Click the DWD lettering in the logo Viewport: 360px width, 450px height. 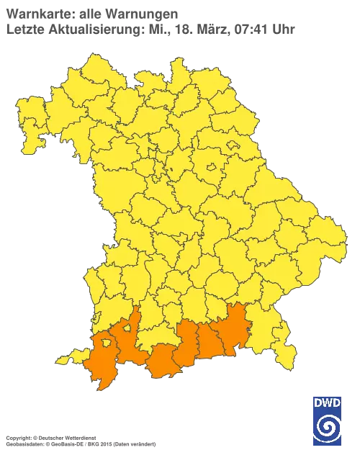point(328,402)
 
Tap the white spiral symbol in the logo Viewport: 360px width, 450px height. point(328,427)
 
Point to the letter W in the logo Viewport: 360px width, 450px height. point(328,402)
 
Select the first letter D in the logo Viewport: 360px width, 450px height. point(318,402)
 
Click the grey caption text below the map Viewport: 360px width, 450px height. point(79,437)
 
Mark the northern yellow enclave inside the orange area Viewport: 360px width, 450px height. point(127,329)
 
